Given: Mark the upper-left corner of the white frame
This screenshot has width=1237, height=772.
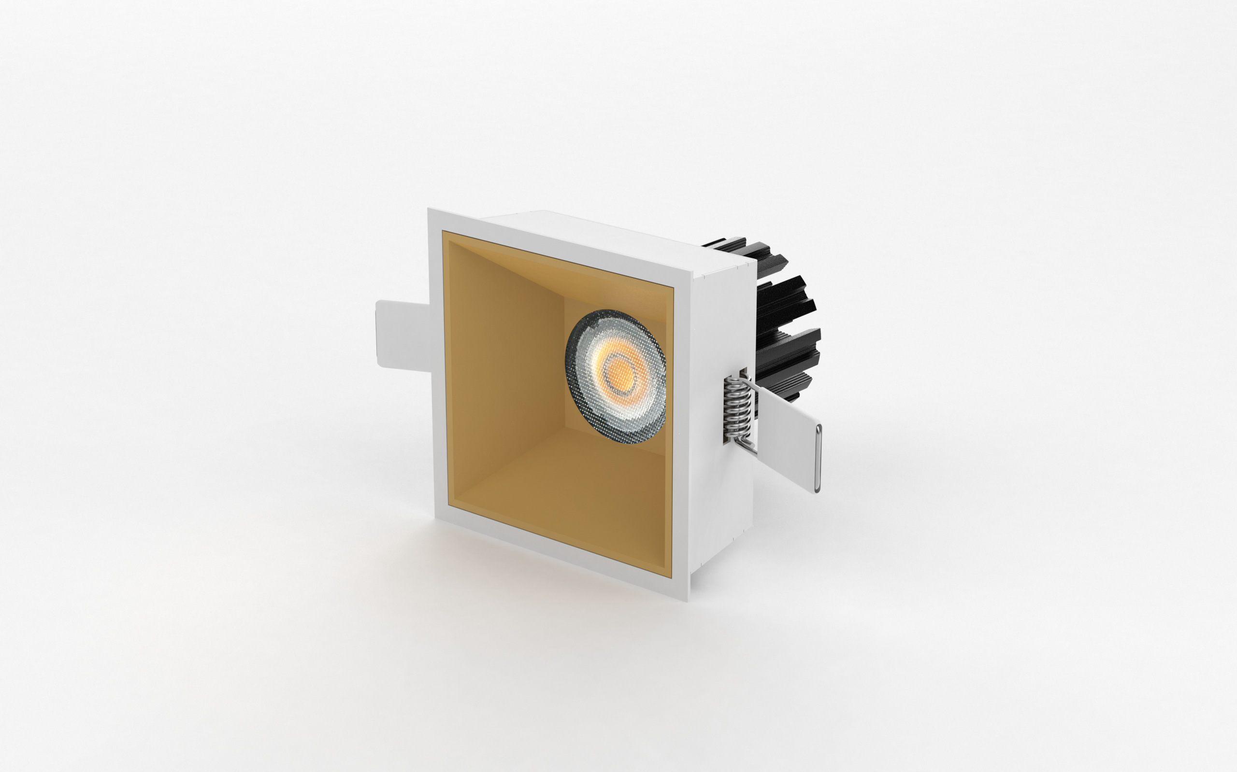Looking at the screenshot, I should point(430,210).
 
